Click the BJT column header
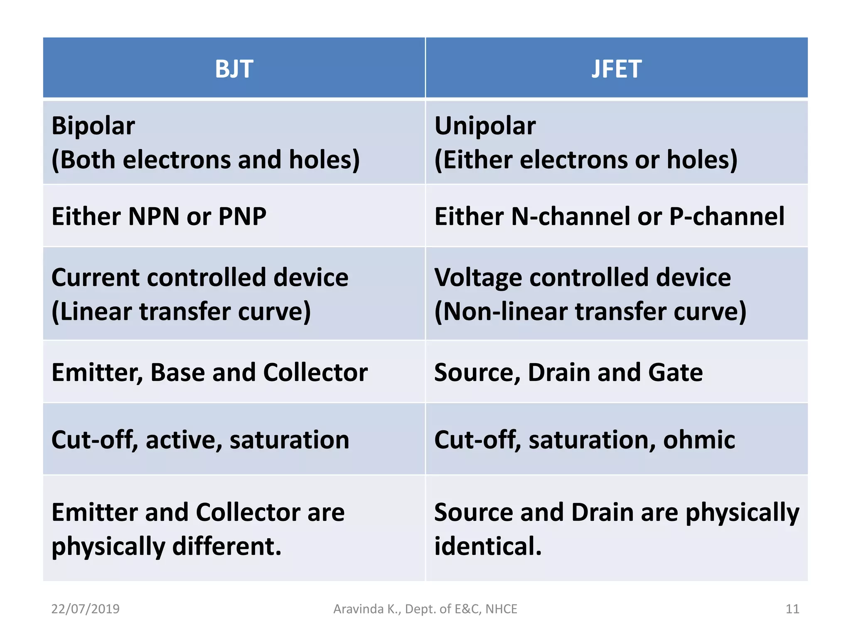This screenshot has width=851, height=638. point(234,69)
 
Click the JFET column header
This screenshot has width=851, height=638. point(616,69)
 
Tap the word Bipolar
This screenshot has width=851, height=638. point(93,126)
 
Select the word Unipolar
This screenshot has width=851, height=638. point(485,126)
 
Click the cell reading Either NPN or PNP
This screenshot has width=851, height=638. point(159,216)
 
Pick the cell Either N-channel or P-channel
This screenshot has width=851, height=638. point(609,216)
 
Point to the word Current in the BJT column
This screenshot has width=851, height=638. point(96,277)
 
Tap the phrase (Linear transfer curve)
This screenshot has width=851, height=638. point(181,312)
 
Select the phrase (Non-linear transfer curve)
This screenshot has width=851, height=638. point(590,312)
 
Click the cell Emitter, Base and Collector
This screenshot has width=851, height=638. point(209,372)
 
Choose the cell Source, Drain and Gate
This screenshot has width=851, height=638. point(568,372)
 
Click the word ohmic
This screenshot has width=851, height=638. point(699,439)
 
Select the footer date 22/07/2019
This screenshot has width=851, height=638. point(85,609)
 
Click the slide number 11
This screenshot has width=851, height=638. point(792,609)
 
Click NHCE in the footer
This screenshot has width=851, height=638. point(502,609)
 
